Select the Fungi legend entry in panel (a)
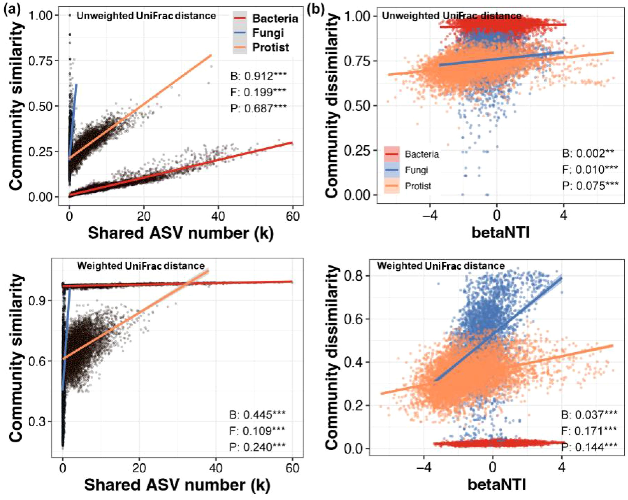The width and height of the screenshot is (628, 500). point(267,33)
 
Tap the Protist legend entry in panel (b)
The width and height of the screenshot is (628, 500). point(417,186)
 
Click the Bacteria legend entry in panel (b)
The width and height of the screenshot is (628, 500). point(422,154)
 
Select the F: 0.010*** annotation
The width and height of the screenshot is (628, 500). point(590,170)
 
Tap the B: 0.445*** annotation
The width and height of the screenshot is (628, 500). point(257,414)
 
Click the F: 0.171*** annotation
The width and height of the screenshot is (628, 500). point(589,431)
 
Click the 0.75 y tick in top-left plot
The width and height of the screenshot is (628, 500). point(39,61)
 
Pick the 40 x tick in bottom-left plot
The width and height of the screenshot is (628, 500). point(216,468)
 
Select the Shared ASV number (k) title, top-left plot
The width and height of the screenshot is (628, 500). point(181,233)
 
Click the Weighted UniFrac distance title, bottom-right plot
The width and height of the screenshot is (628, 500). point(441,266)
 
